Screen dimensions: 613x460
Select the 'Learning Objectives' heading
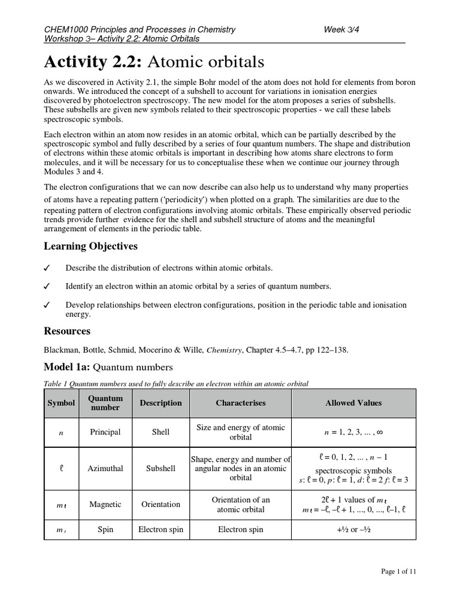pyautogui.click(x=90, y=246)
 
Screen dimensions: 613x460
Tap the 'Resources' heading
pyautogui.click(x=67, y=331)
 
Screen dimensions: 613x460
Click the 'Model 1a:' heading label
pyautogui.click(x=68, y=367)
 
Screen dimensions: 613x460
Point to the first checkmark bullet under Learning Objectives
pyautogui.click(x=47, y=268)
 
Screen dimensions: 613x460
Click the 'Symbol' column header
pyautogui.click(x=61, y=403)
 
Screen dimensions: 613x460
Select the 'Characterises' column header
pyautogui.click(x=240, y=403)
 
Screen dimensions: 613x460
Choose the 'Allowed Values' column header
pyautogui.click(x=353, y=403)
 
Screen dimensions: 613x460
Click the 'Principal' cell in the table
pyautogui.click(x=105, y=432)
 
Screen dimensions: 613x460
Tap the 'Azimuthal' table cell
pyautogui.click(x=105, y=468)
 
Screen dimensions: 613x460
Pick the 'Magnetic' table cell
pyautogui.click(x=105, y=505)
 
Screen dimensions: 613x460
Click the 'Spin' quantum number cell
pyautogui.click(x=105, y=530)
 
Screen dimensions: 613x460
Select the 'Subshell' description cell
pyautogui.click(x=161, y=468)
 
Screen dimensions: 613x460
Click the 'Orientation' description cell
pyautogui.click(x=161, y=505)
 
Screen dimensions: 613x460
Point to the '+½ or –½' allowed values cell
pyautogui.click(x=353, y=530)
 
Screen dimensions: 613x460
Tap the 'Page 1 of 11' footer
pyautogui.click(x=398, y=572)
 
